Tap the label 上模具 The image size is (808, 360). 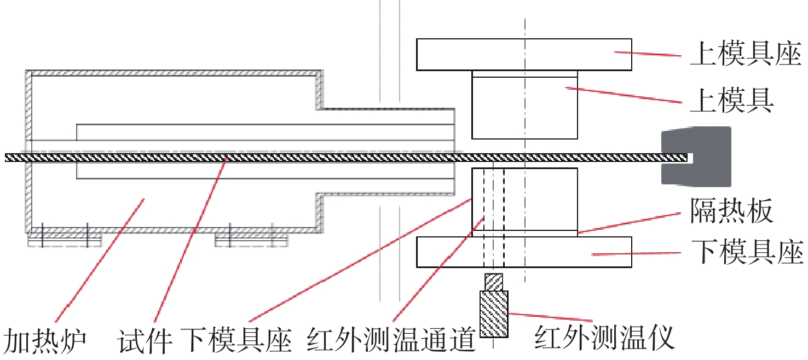tap(731, 101)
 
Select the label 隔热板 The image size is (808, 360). tap(731, 211)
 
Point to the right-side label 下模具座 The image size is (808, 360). tap(745, 253)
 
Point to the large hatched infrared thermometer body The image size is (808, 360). tap(494, 313)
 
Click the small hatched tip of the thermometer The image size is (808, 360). tap(494, 281)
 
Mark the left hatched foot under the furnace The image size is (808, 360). tap(65, 238)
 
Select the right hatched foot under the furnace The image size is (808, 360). tap(251, 238)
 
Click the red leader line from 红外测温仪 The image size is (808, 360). tap(550, 317)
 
